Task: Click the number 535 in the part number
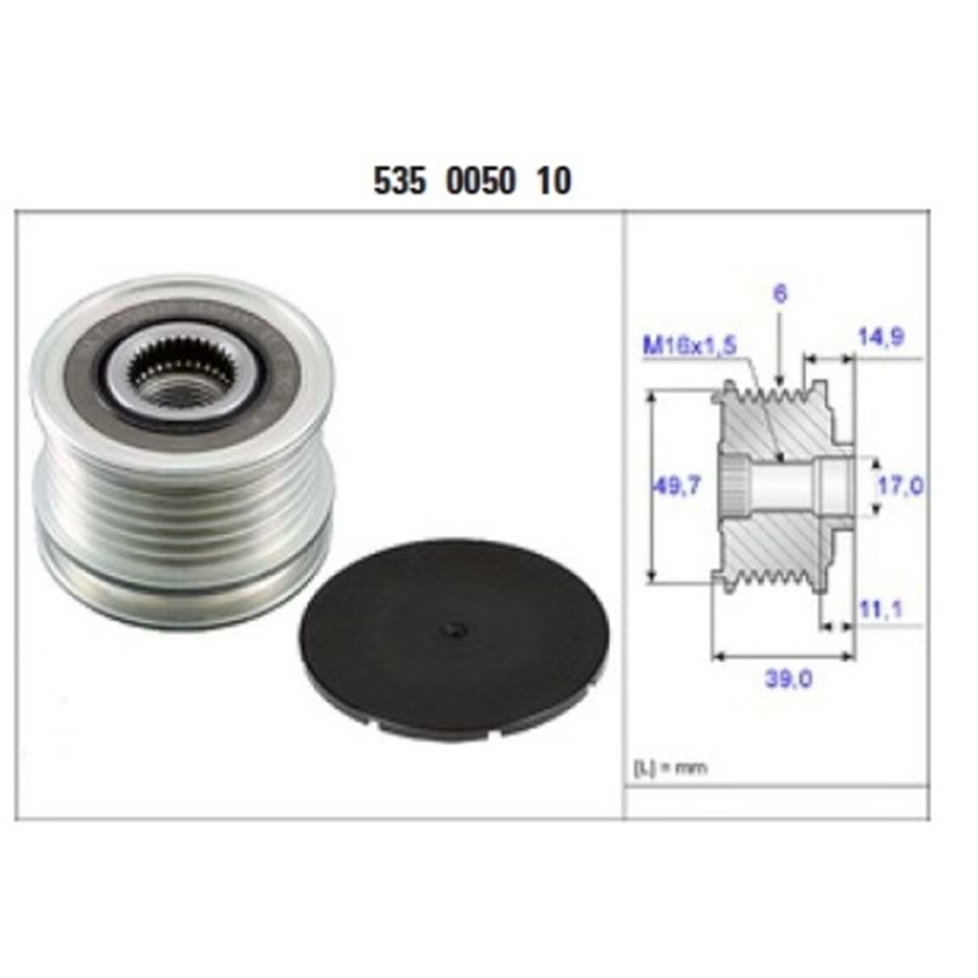point(399,182)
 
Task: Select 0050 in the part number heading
point(480,182)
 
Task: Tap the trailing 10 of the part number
point(554,182)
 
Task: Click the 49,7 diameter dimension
point(677,485)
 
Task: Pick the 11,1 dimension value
point(882,611)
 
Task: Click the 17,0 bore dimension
point(901,485)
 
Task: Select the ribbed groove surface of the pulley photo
point(181,509)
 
